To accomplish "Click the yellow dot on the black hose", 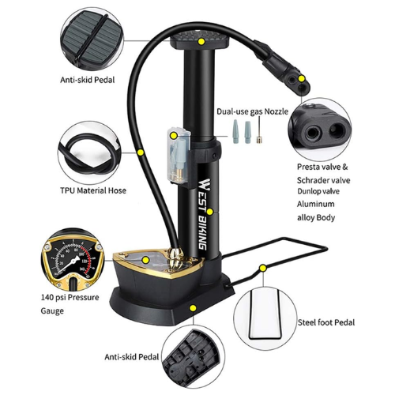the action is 141,152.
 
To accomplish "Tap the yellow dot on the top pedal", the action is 201,41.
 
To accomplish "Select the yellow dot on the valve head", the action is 302,78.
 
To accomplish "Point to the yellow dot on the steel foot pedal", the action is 263,268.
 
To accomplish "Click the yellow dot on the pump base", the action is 194,308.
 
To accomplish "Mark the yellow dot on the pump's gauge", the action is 145,260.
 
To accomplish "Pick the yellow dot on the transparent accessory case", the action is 174,136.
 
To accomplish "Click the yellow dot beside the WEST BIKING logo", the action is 210,212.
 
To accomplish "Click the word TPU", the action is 67,190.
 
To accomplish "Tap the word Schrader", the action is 312,180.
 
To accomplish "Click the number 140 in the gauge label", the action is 47,298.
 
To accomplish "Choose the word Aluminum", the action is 316,204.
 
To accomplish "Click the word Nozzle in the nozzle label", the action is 276,111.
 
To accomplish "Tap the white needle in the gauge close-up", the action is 69,265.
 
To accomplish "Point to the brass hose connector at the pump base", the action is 175,256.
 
